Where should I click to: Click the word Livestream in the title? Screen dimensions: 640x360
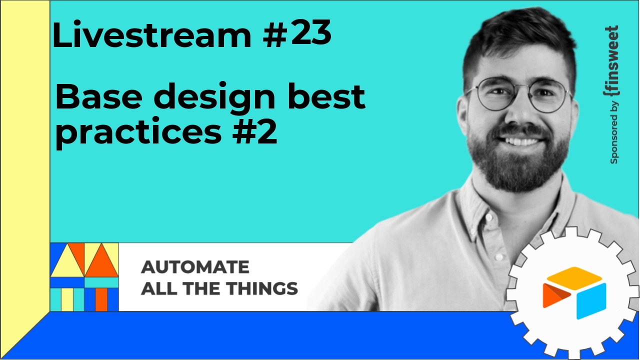click(x=151, y=34)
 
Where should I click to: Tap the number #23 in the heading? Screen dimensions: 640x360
click(x=297, y=32)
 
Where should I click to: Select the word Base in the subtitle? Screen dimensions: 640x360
click(x=99, y=97)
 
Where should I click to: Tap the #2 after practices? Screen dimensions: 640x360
click(x=255, y=131)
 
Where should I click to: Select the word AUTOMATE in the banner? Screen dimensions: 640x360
click(x=195, y=267)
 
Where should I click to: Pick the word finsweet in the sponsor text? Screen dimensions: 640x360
click(x=612, y=61)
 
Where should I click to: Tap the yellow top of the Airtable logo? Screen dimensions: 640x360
click(x=574, y=275)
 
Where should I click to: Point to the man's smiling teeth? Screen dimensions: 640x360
click(x=522, y=141)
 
